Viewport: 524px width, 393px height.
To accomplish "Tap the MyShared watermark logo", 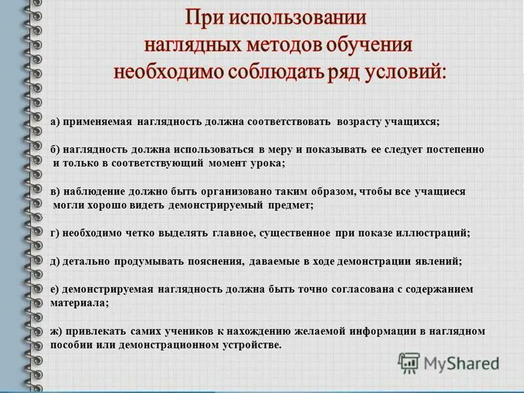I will click(x=449, y=362).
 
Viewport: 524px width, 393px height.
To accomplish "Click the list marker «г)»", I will click(x=55, y=233).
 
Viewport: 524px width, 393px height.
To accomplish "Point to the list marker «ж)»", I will click(x=56, y=331).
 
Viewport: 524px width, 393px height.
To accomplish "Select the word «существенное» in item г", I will click(x=297, y=233).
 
